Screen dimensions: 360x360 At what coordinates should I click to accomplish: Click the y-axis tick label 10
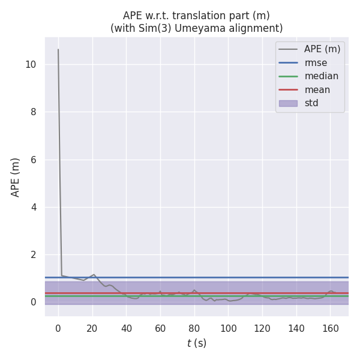pyautogui.click(x=31, y=64)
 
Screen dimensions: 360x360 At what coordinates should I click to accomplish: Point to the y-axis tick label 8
pyautogui.click(x=34, y=112)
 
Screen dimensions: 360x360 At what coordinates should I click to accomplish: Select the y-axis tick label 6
pyautogui.click(x=34, y=160)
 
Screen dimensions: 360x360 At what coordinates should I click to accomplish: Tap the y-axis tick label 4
pyautogui.click(x=34, y=207)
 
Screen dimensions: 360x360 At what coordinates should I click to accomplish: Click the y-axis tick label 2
pyautogui.click(x=34, y=254)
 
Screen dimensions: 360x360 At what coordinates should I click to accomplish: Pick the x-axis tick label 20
pyautogui.click(x=92, y=328)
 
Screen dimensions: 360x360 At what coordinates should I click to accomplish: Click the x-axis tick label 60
pyautogui.click(x=160, y=328)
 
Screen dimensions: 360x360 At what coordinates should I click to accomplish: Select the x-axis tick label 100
pyautogui.click(x=228, y=328)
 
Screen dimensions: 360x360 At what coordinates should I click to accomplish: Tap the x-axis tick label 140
pyautogui.click(x=296, y=328)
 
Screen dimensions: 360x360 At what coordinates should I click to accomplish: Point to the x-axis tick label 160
pyautogui.click(x=331, y=328)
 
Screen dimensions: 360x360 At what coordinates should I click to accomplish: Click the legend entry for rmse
pyautogui.click(x=316, y=63)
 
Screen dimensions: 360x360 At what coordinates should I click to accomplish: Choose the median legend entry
pyautogui.click(x=321, y=76)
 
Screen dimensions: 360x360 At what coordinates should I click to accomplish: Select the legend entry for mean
pyautogui.click(x=317, y=90)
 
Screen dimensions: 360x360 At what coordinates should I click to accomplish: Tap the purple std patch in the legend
pyautogui.click(x=288, y=103)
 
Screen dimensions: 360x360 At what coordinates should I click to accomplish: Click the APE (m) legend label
pyautogui.click(x=322, y=49)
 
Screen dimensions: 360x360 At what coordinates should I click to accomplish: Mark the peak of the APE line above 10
pyautogui.click(x=58, y=49)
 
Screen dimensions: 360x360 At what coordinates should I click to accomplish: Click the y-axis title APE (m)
pyautogui.click(x=16, y=177)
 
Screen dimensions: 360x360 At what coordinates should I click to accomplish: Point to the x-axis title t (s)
pyautogui.click(x=196, y=343)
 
